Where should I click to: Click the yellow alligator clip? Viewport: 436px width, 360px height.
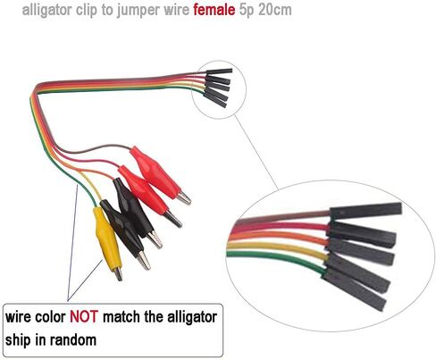[107, 241]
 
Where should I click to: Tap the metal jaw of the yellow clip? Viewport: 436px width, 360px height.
[118, 274]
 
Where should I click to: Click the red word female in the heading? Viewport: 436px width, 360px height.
[214, 10]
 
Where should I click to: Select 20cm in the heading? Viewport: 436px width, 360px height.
[275, 10]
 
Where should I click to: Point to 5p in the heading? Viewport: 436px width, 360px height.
[247, 11]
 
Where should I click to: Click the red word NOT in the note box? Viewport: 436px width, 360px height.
[84, 317]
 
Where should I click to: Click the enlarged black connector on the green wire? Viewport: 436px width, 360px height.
[354, 289]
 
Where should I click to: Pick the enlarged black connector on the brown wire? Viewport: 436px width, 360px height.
[365, 211]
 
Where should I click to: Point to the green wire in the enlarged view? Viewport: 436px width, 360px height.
[275, 259]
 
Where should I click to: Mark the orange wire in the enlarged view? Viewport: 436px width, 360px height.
[279, 237]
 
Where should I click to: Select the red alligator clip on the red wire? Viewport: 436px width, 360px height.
[149, 195]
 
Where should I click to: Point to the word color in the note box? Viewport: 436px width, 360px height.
[50, 317]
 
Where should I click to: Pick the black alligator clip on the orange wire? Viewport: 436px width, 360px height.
[136, 212]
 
